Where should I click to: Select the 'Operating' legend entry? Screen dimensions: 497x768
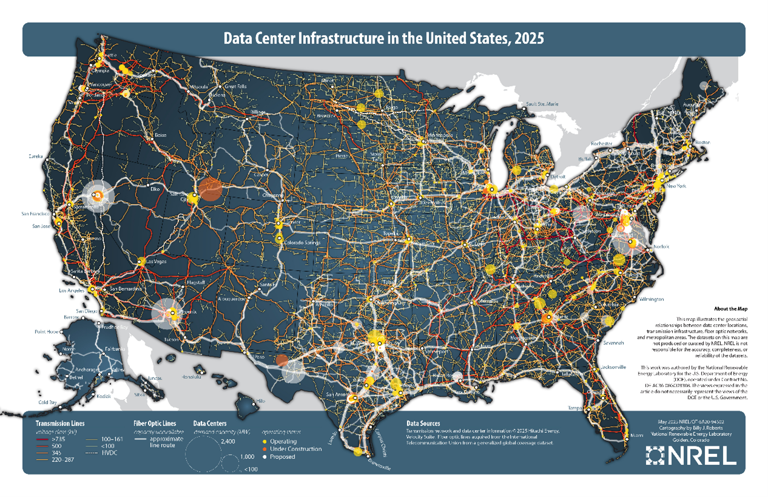pyautogui.click(x=284, y=441)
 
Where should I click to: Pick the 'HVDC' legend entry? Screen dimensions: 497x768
pyautogui.click(x=109, y=453)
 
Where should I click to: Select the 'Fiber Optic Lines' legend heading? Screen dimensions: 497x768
pyautogui.click(x=154, y=423)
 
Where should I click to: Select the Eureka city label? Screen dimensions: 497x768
pyautogui.click(x=36, y=157)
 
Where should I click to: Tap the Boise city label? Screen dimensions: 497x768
pyautogui.click(x=161, y=135)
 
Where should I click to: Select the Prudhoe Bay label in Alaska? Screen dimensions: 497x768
pyautogui.click(x=116, y=327)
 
